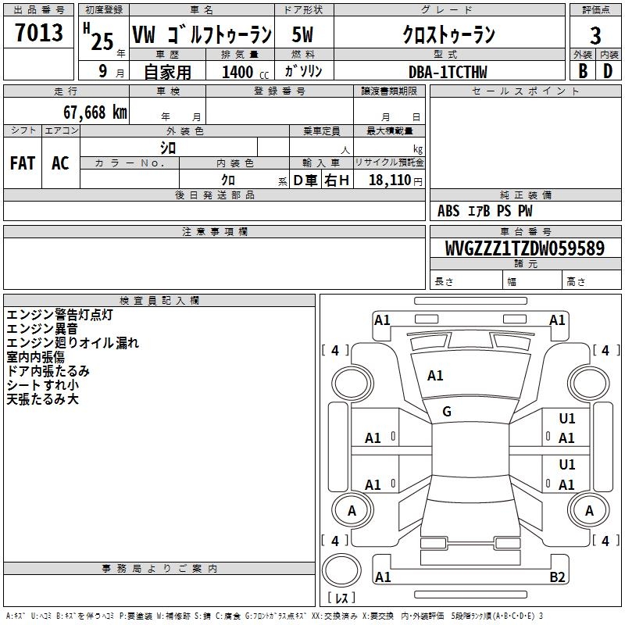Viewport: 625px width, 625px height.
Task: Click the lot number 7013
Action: [39, 32]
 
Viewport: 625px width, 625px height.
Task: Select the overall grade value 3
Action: [595, 35]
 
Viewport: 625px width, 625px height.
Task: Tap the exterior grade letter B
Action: [583, 71]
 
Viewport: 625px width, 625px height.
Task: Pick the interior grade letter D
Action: [608, 71]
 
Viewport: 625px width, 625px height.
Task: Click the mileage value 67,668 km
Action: [95, 112]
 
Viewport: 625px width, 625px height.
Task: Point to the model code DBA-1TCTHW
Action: [448, 72]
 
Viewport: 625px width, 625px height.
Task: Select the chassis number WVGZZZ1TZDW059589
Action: [524, 248]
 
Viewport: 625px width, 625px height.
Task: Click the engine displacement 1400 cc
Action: [245, 72]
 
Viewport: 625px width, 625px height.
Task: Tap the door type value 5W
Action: [302, 34]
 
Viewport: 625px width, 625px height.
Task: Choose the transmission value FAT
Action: [23, 163]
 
